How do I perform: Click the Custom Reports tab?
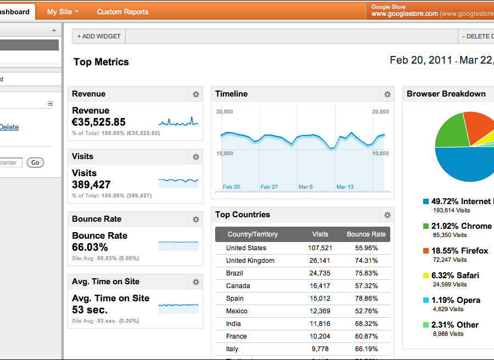pyautogui.click(x=122, y=12)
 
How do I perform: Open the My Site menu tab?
pyautogui.click(x=63, y=12)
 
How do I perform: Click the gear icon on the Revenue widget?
pyautogui.click(x=196, y=94)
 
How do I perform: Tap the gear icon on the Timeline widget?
pyautogui.click(x=388, y=94)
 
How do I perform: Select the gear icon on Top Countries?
pyautogui.click(x=388, y=215)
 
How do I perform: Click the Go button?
pyautogui.click(x=35, y=162)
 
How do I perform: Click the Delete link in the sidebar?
pyautogui.click(x=9, y=127)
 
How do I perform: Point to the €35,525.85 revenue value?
pyautogui.click(x=99, y=122)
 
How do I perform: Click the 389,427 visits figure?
pyautogui.click(x=91, y=185)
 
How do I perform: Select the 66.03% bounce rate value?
pyautogui.click(x=90, y=248)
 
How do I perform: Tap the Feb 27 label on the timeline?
pyautogui.click(x=269, y=187)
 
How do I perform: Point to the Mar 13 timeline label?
pyautogui.click(x=345, y=187)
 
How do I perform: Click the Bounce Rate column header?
pyautogui.click(x=366, y=234)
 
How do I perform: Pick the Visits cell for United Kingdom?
pyautogui.click(x=319, y=261)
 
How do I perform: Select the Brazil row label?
pyautogui.click(x=234, y=273)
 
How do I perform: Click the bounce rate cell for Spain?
pyautogui.click(x=366, y=299)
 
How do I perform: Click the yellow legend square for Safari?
pyautogui.click(x=426, y=275)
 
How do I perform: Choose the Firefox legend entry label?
pyautogui.click(x=459, y=251)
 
